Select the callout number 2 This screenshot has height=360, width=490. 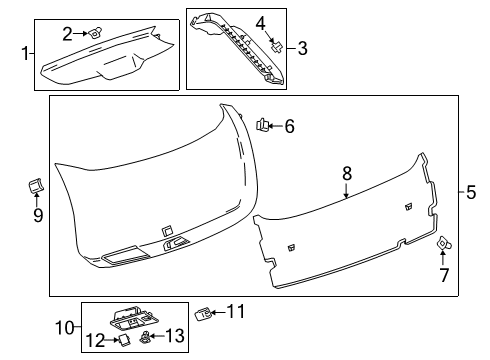tap(67, 33)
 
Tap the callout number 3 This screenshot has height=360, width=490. tap(303, 46)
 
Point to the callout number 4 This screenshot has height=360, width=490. tap(260, 22)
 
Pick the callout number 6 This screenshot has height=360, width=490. tap(289, 126)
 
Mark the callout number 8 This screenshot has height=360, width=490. tap(347, 173)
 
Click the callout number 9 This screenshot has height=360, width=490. tap(38, 214)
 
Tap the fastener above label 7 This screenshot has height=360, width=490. tap(442, 241)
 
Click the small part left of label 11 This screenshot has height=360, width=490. tap(203, 314)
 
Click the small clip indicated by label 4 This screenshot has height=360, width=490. tap(275, 44)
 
